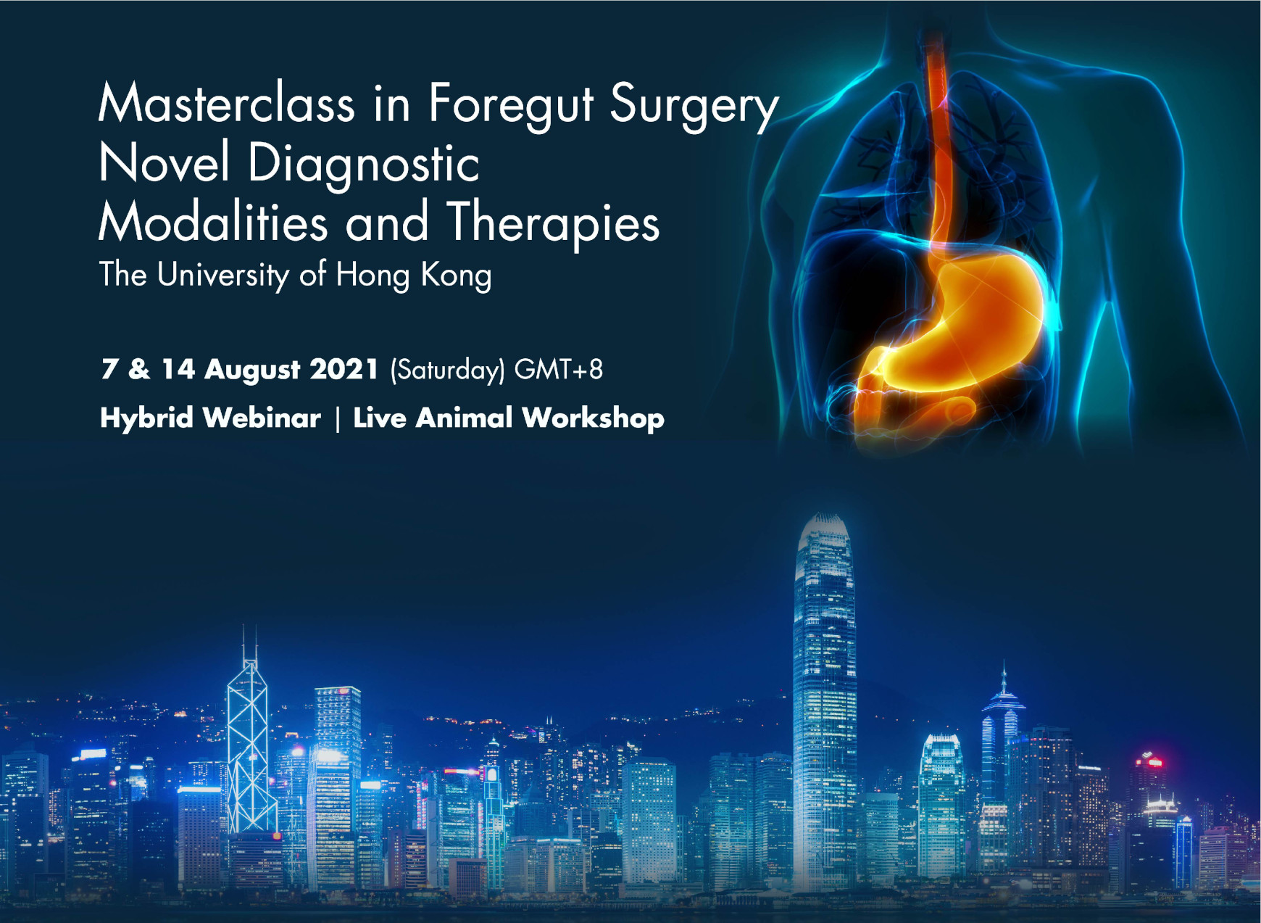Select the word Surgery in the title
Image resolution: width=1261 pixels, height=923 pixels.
click(694, 106)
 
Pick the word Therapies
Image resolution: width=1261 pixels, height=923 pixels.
click(553, 223)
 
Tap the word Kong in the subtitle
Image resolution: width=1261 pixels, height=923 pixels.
click(456, 276)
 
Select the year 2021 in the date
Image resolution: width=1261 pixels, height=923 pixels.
click(344, 369)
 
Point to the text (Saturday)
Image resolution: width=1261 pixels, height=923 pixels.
click(446, 371)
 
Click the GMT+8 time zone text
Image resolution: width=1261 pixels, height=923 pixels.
click(558, 370)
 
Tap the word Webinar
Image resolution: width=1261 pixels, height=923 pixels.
click(262, 418)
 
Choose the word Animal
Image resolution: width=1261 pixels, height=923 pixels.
click(464, 418)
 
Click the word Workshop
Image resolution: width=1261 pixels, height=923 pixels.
click(593, 419)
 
